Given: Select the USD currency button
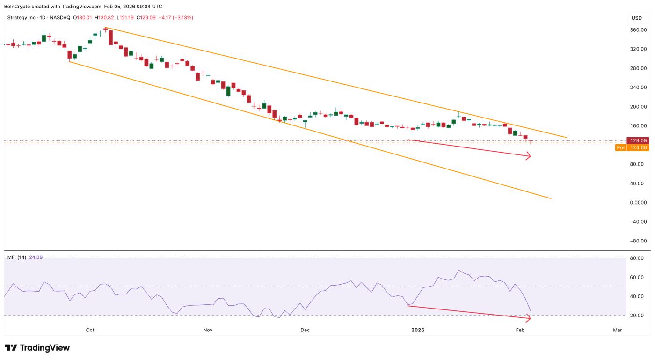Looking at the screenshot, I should [x=636, y=18].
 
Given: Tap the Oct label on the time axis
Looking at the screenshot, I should [x=90, y=330].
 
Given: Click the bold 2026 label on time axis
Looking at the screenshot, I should [x=418, y=330].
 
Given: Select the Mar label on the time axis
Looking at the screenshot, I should [x=617, y=330].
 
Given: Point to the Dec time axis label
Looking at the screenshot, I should [x=305, y=330].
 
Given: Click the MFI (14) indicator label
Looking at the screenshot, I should [x=17, y=257].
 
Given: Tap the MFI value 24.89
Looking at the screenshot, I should [x=36, y=257].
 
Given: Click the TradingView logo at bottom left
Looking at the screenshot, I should [x=37, y=348].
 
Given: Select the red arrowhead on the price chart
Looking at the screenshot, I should [x=529, y=157].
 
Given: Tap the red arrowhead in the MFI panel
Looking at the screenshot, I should [x=529, y=319].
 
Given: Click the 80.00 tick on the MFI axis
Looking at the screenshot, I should [x=637, y=258].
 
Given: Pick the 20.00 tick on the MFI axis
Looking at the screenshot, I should [x=637, y=316].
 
